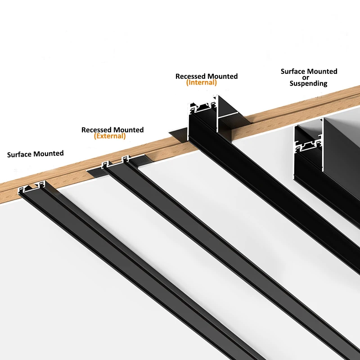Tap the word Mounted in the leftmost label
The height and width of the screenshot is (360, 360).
[x=49, y=153]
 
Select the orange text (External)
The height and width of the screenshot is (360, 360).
[x=110, y=136]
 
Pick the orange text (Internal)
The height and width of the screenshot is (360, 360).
[x=202, y=83]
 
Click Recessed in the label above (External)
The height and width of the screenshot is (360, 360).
[x=97, y=130]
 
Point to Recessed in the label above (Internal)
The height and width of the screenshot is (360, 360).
[x=190, y=76]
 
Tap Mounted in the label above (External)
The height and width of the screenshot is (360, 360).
[x=129, y=130]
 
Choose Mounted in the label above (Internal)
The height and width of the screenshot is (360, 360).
[x=222, y=76]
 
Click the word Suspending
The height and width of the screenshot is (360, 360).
[x=308, y=83]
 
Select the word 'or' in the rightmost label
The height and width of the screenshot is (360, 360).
[x=309, y=77]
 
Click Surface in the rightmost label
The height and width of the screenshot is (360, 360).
[x=293, y=72]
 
